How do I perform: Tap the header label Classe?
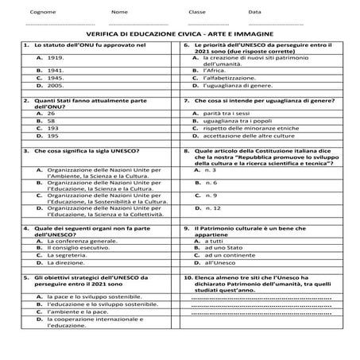(197, 12)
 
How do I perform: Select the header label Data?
(254, 12)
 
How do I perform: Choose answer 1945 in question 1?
(56, 79)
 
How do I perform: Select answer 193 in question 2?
(53, 127)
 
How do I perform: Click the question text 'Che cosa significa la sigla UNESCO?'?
(87, 150)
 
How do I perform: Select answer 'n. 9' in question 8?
(211, 195)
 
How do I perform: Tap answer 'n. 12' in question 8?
(212, 208)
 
